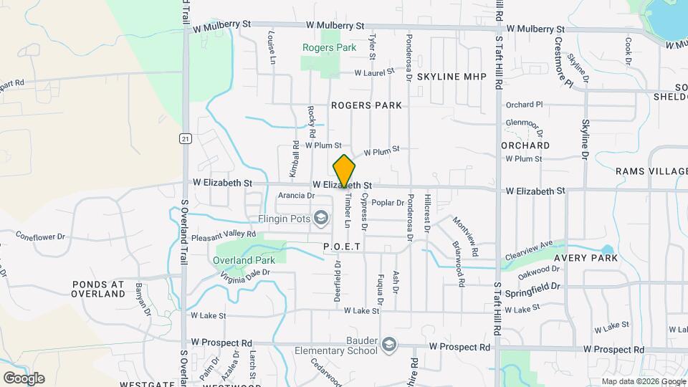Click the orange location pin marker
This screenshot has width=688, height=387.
click(344, 171)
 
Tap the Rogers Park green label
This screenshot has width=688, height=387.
click(329, 48)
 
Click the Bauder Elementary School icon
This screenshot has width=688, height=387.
click(388, 345)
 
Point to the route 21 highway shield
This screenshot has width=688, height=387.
click(185, 138)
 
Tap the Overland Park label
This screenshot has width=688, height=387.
click(241, 259)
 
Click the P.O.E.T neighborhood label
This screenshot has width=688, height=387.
click(340, 246)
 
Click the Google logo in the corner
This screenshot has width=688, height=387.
click(24, 378)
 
